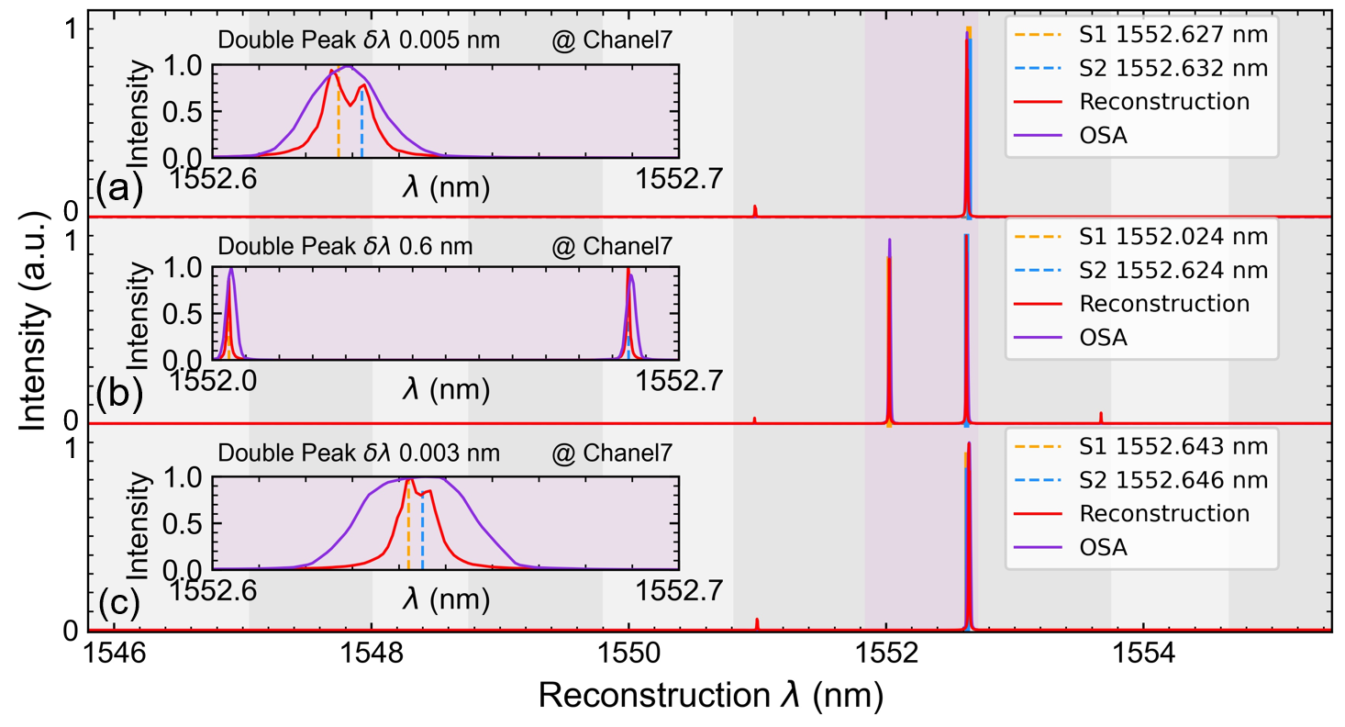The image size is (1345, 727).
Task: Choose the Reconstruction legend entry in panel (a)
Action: point(1164,100)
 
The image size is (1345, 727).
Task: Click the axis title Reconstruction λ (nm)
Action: point(710,697)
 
